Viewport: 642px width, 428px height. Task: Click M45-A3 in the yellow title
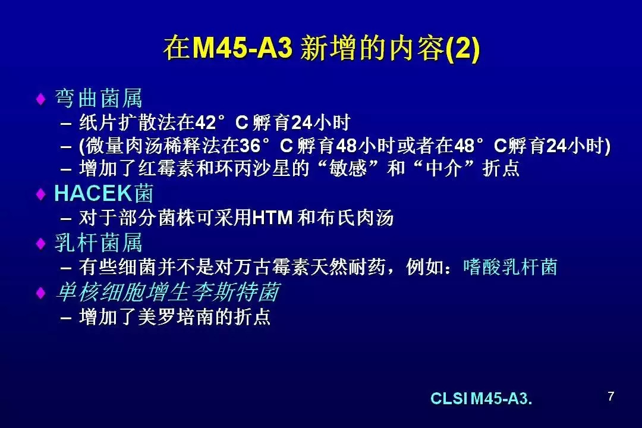[242, 48]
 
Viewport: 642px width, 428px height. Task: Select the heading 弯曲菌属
[98, 98]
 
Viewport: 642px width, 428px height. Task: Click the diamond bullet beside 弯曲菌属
[40, 99]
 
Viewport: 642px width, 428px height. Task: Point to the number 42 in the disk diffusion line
[206, 122]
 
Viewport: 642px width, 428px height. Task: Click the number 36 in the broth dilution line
[250, 146]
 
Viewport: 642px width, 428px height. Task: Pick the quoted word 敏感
[348, 168]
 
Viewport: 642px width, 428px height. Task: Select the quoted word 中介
[444, 168]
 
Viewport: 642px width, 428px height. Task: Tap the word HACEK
[94, 193]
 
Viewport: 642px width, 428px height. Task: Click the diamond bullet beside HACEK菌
[40, 194]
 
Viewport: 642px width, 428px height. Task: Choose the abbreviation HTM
[272, 218]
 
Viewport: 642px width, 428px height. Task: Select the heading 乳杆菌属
[98, 243]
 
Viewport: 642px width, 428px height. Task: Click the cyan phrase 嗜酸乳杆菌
[510, 267]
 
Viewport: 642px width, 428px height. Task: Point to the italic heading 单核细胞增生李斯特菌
[168, 292]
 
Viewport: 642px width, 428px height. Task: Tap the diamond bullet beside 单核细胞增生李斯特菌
[40, 293]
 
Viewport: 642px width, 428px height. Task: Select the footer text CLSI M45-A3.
[481, 398]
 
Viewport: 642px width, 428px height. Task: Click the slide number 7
[611, 396]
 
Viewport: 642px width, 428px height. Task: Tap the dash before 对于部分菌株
[66, 219]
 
